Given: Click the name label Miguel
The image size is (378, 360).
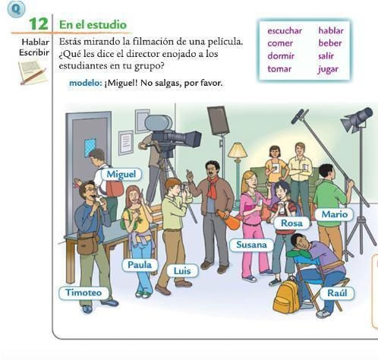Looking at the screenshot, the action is [x=121, y=174].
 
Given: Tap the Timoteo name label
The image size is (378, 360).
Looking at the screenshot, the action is [x=83, y=292].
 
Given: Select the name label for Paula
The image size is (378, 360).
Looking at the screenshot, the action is [x=140, y=265].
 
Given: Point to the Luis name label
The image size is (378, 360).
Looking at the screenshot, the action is [x=182, y=271].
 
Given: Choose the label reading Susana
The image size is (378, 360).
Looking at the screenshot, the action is [x=251, y=245].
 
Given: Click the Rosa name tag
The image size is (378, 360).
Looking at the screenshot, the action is [x=291, y=223].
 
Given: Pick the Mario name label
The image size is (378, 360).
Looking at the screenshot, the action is [x=334, y=214].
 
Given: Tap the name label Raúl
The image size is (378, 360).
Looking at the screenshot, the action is [x=337, y=293].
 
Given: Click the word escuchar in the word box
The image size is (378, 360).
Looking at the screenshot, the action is [x=285, y=31].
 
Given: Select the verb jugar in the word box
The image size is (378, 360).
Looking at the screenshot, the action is [x=329, y=69].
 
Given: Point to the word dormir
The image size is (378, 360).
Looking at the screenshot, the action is [x=281, y=56].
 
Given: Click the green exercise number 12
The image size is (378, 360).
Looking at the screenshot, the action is [x=39, y=24].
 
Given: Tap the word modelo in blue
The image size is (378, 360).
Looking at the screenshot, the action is [x=86, y=83].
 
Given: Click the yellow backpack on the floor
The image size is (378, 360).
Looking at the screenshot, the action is [x=286, y=296].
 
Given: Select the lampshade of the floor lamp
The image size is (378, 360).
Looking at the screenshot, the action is [x=238, y=150].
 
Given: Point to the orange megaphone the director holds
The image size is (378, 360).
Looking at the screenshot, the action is [x=228, y=219].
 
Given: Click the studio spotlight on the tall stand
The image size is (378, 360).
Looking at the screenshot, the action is [x=357, y=118].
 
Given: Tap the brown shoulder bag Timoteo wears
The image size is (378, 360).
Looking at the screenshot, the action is [x=87, y=244].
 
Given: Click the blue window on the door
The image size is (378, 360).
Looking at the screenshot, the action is [x=90, y=147].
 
